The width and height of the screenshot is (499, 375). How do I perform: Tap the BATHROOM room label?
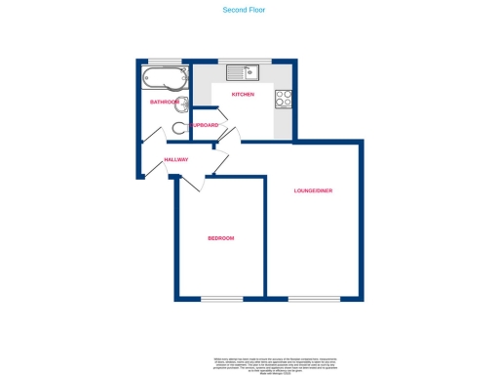(x=164, y=102)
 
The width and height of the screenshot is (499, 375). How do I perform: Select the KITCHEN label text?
(x=243, y=94)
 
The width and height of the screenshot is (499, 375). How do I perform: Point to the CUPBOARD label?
(x=204, y=125)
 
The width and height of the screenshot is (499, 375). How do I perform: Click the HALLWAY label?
(x=175, y=159)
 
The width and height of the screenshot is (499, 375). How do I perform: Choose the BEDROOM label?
(x=220, y=238)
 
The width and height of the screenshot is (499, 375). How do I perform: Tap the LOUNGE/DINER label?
(x=314, y=189)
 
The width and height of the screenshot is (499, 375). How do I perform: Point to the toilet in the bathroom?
(x=179, y=127)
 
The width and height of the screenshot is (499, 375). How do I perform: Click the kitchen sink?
(x=241, y=71)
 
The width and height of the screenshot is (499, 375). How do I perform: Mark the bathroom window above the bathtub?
(x=164, y=62)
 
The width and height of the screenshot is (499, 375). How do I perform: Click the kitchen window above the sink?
(x=244, y=61)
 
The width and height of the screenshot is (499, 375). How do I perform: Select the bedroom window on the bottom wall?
(x=220, y=297)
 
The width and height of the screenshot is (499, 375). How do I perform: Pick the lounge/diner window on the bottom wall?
(x=314, y=297)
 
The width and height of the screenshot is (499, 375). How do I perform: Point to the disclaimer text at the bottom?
(x=249, y=364)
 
